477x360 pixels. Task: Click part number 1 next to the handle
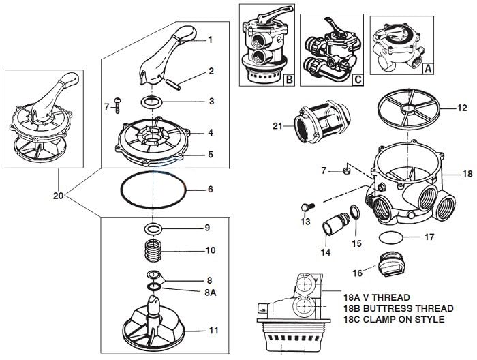(211, 40)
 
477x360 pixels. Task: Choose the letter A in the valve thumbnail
(428, 68)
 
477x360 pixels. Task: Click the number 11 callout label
(214, 330)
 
